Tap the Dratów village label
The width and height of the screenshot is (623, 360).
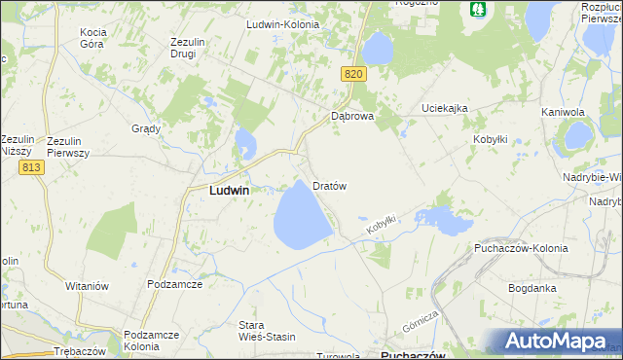(329, 185)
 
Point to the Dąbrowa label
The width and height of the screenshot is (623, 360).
(352, 116)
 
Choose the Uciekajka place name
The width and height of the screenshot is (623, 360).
(445, 107)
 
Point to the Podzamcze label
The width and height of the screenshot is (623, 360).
(174, 283)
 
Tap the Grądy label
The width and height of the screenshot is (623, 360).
(146, 128)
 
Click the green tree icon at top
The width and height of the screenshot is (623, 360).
(477, 9)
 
